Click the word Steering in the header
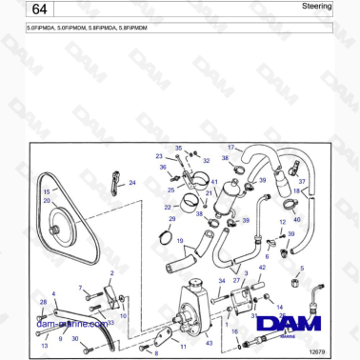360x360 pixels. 317,7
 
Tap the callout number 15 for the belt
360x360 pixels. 46,191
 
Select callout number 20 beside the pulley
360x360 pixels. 46,201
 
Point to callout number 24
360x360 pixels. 132,182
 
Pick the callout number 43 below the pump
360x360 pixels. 210,343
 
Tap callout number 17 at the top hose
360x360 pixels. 230,148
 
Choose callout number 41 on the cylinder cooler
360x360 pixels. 215,182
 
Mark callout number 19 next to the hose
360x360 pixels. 179,242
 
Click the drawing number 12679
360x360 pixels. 319,352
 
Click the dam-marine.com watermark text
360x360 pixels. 71,324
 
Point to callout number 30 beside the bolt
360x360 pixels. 74,338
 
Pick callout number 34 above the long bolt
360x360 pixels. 222,281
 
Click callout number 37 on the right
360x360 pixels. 302,181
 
